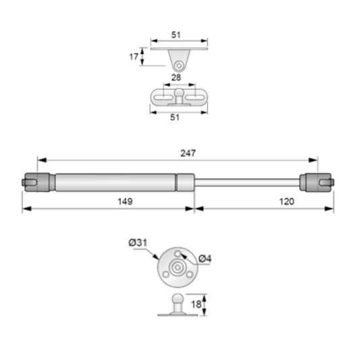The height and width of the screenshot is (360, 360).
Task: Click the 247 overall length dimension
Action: pos(188,153)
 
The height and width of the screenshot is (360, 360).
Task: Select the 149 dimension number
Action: pos(124,201)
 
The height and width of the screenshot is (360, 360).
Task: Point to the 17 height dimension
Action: pos(133,57)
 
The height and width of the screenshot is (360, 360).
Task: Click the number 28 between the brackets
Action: pos(176,78)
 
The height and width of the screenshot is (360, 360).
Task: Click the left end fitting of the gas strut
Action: pos(37,182)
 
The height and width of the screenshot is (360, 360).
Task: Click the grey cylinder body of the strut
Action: pos(115,182)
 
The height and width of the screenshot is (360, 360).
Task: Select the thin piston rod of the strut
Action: pos(247,182)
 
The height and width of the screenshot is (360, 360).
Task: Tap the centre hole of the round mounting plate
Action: pos(177,267)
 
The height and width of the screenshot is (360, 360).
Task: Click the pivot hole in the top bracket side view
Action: pos(179,65)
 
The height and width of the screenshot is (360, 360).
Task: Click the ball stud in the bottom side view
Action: pos(177,299)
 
